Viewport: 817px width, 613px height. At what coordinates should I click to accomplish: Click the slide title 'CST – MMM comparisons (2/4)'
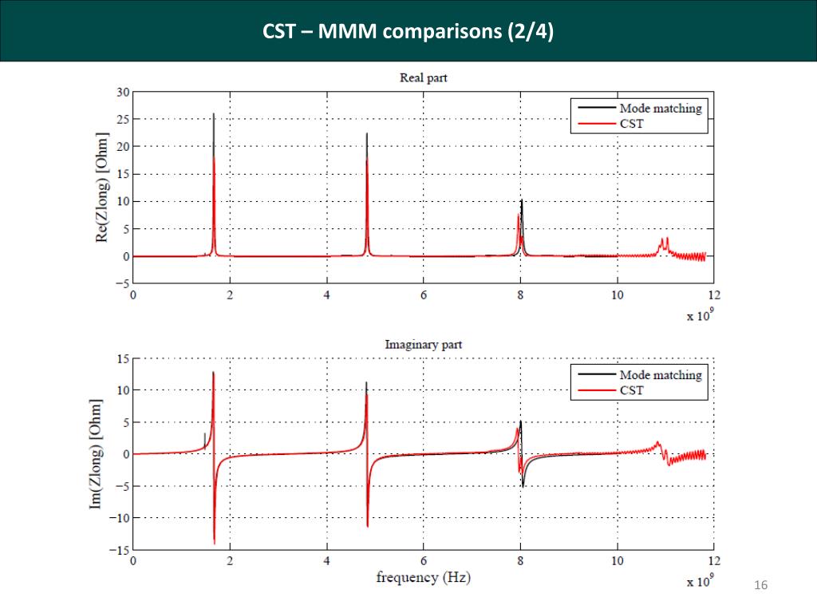[408, 32]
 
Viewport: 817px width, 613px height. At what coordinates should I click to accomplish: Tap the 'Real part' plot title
[423, 77]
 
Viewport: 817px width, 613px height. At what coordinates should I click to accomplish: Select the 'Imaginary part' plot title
[423, 345]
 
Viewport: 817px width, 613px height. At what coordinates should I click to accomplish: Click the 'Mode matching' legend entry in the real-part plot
[660, 108]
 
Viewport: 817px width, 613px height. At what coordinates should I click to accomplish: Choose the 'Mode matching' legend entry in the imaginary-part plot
[660, 374]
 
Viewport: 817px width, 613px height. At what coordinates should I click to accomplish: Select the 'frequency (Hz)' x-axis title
[423, 577]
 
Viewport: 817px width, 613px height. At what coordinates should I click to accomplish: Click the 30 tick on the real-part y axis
[122, 92]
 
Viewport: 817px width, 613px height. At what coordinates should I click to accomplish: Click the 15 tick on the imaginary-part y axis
[122, 358]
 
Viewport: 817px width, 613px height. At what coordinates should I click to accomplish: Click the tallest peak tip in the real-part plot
[213, 114]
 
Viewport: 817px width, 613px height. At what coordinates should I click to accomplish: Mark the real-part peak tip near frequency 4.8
[366, 134]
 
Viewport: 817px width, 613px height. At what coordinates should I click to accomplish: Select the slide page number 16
[760, 587]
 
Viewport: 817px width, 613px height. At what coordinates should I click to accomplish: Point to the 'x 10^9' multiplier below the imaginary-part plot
[700, 581]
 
